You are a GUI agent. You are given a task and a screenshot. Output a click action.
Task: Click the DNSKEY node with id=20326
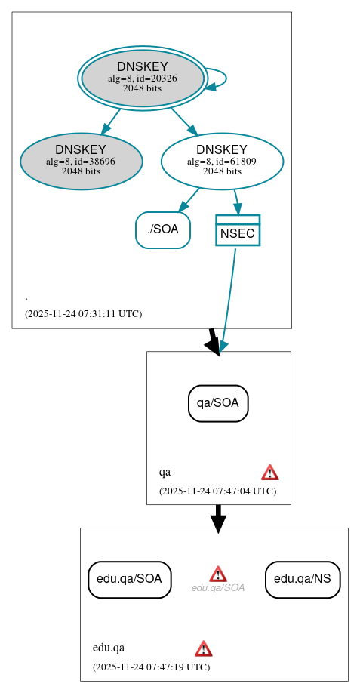[x=143, y=78]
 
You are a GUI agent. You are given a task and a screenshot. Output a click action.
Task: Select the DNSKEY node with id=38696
[x=82, y=161]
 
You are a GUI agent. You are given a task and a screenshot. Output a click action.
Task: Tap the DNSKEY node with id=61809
[x=222, y=161]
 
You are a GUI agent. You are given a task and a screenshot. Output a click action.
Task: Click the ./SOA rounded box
[x=163, y=229]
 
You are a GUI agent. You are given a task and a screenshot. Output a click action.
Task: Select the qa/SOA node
[x=218, y=403]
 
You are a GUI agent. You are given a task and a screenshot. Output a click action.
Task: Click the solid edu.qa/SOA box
[x=130, y=579]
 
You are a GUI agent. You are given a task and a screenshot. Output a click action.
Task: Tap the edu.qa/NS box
[x=303, y=579]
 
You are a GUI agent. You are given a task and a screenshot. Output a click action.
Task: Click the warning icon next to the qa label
[x=270, y=473]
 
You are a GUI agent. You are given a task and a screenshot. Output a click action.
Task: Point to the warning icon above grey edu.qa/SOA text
[x=218, y=574]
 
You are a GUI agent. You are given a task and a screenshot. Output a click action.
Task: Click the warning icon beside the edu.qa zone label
[x=203, y=648]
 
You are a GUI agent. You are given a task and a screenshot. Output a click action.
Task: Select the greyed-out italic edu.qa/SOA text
[x=218, y=588]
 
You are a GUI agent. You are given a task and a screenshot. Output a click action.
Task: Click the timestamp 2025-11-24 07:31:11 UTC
[x=83, y=313]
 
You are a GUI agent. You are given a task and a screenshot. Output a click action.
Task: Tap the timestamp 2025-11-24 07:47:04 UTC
[x=217, y=491]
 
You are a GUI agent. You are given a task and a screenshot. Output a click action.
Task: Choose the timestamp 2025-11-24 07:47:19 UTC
[x=151, y=667]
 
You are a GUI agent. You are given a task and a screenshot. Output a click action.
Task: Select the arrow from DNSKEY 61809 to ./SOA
[x=189, y=200]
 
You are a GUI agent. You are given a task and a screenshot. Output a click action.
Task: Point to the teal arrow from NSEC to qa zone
[x=228, y=302]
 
